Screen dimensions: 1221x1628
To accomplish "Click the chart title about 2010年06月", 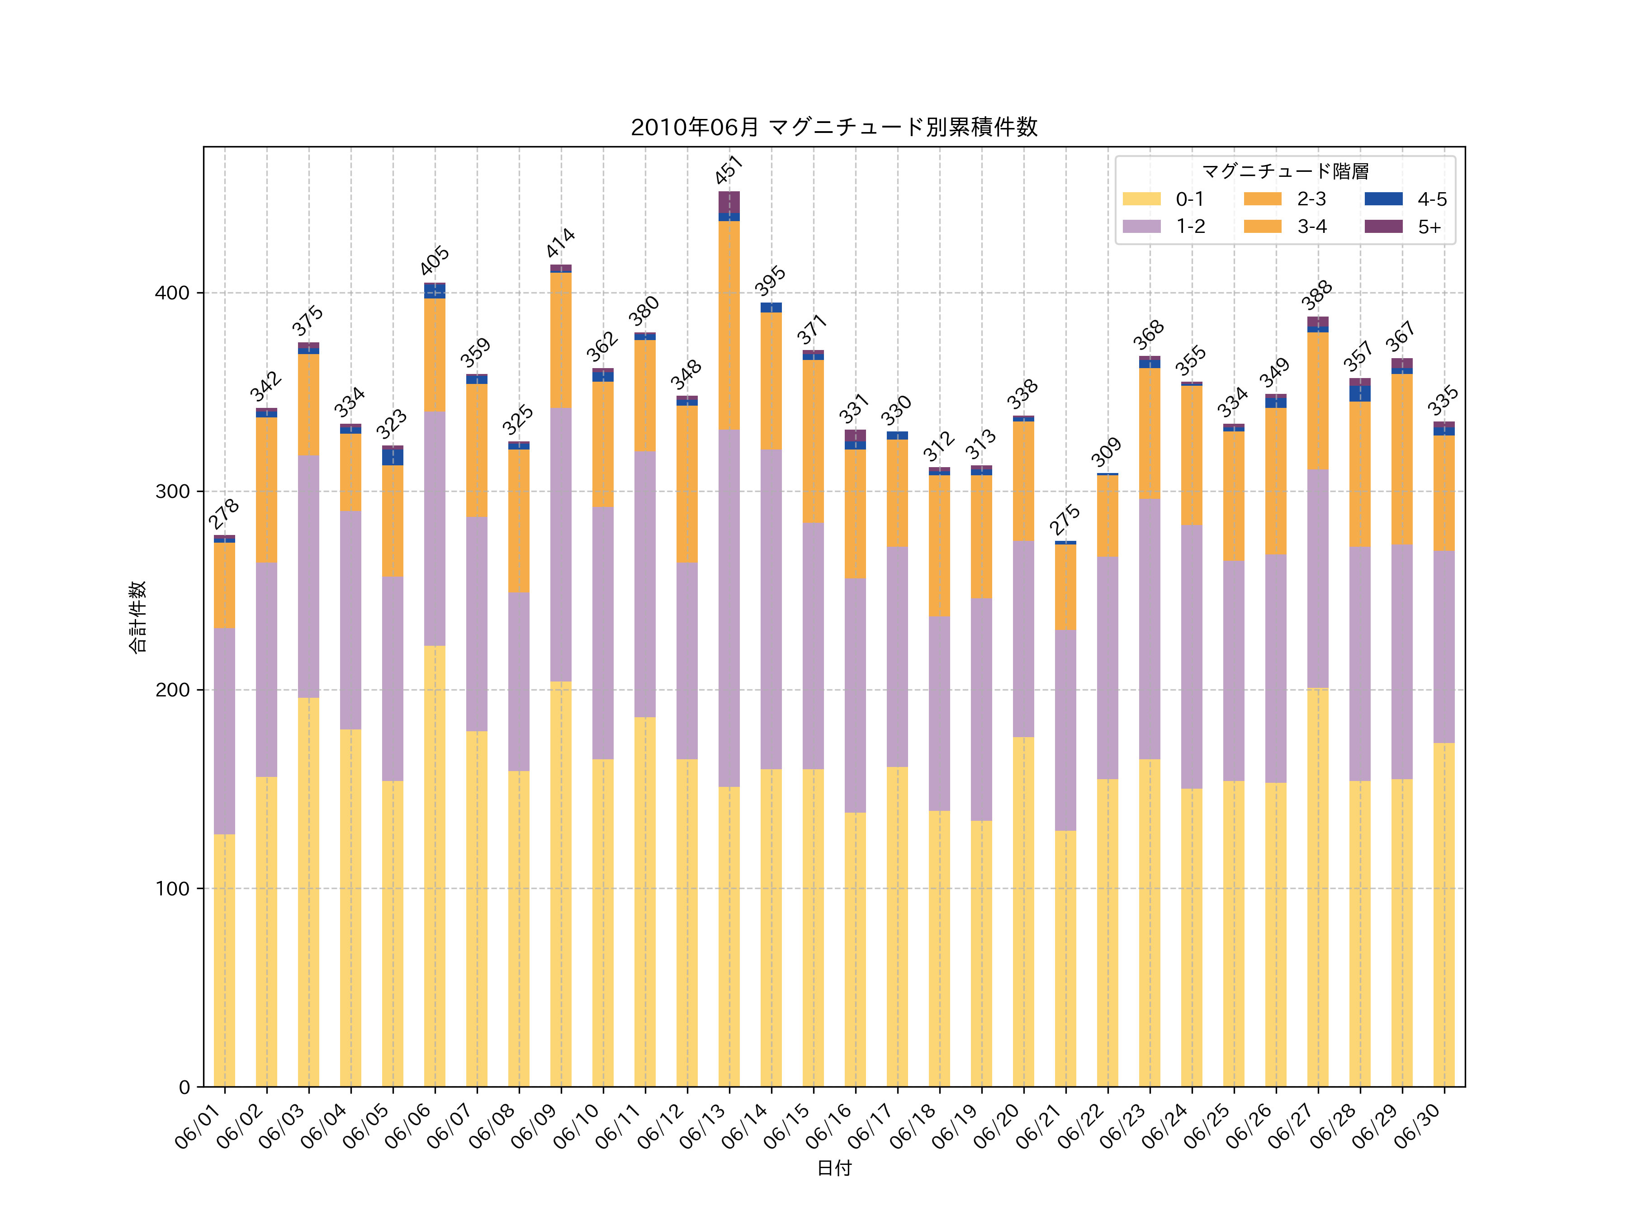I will coord(834,128).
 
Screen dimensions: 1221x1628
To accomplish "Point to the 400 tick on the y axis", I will coord(172,293).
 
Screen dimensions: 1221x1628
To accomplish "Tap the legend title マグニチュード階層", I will coord(1285,171).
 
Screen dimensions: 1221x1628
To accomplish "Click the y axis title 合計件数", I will coord(137,617).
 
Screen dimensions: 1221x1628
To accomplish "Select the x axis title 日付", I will coord(834,1168).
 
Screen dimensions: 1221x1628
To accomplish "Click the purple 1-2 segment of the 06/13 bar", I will coord(729,607).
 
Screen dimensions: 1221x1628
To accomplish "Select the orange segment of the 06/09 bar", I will coord(561,340).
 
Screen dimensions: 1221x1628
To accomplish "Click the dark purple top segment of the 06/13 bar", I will coord(729,202).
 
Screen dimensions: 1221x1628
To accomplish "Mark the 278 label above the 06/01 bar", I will coord(224,514).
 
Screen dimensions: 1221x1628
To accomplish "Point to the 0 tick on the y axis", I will coord(184,1087).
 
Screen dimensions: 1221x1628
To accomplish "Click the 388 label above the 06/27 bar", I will coord(1317,295).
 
